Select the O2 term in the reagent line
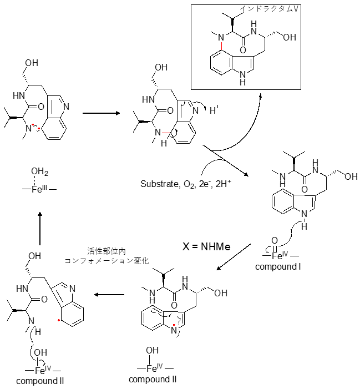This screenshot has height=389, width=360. click(x=192, y=183)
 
